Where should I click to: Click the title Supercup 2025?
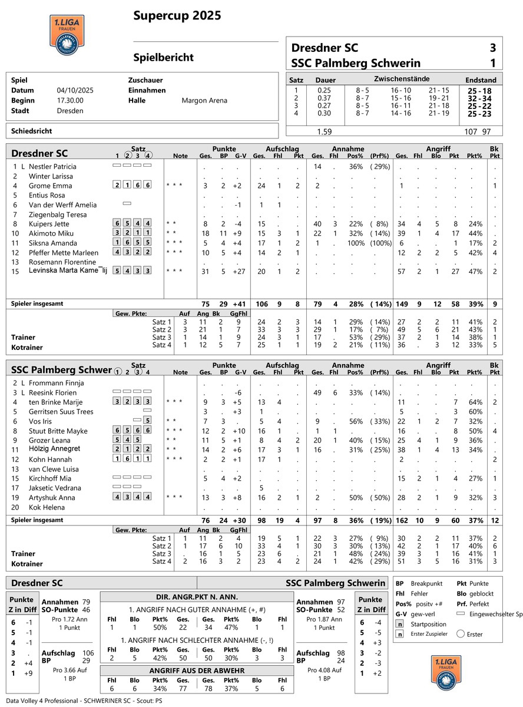pos(177,15)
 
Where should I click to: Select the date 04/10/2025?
pos(75,91)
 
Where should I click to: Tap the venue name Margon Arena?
pos(204,101)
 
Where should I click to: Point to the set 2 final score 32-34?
pos(479,98)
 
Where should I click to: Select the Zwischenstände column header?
pos(401,79)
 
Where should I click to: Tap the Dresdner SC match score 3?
pos(492,48)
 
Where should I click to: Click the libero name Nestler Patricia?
pos(53,167)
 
